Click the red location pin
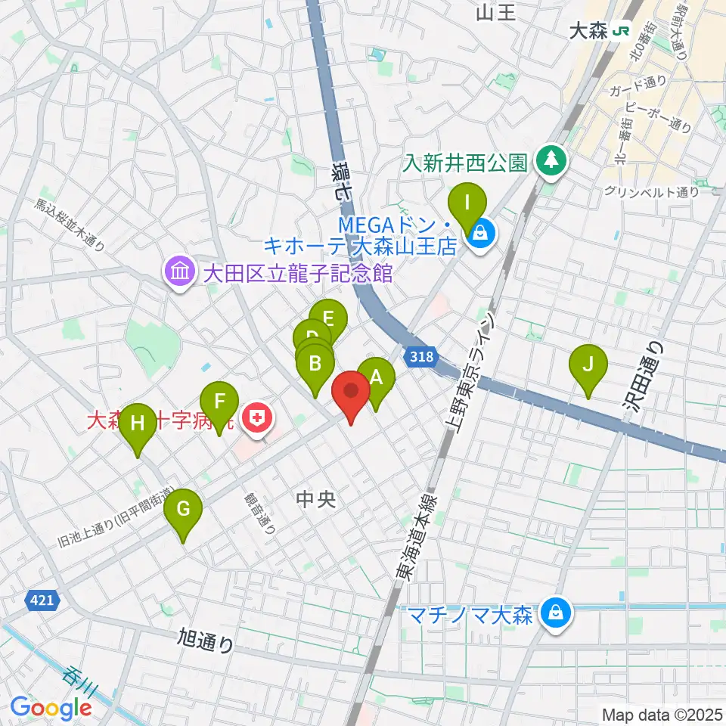point(352,392)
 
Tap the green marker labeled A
point(376,377)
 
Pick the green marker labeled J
point(588,364)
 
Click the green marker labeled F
point(219,402)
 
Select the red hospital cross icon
point(258,417)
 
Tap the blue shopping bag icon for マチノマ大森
point(556,613)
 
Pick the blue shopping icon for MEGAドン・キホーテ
point(480,236)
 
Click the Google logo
point(51,708)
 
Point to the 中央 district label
point(316,499)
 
